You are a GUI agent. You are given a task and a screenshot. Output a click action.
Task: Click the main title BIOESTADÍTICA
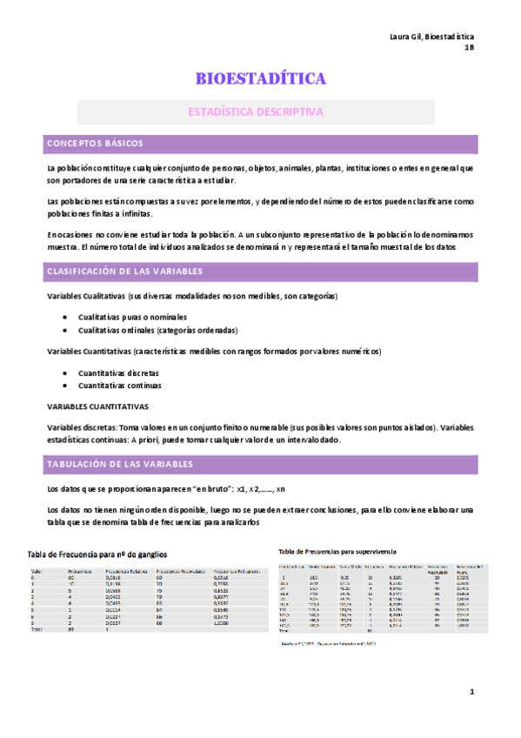[261, 80]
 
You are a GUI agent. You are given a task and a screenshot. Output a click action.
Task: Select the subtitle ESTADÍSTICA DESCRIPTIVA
[257, 112]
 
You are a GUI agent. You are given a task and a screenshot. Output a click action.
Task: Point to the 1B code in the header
[469, 47]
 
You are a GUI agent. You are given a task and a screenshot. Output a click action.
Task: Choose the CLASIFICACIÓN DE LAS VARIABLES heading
[124, 272]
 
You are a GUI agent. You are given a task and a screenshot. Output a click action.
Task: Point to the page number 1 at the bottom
[471, 692]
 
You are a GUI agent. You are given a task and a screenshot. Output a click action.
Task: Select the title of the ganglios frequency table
[97, 553]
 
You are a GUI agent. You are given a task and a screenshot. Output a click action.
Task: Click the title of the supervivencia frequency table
[337, 551]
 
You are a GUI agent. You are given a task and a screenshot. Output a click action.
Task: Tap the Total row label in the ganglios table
[37, 628]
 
